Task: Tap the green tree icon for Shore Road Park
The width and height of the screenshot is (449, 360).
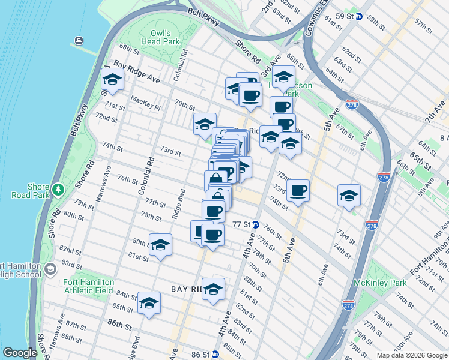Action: (58, 190)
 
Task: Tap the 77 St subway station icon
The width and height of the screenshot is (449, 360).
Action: (256, 224)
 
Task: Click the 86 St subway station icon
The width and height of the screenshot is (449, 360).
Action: (215, 355)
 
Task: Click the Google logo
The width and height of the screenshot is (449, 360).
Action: (20, 353)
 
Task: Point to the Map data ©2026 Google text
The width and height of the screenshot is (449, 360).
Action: (411, 355)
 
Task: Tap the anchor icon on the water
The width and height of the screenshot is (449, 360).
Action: (78, 41)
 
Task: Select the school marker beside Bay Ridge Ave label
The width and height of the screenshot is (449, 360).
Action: (112, 79)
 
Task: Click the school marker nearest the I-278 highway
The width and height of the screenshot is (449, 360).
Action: (349, 196)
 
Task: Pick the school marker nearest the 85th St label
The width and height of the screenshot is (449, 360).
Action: (149, 304)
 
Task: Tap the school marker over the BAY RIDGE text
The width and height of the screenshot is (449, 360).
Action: (213, 290)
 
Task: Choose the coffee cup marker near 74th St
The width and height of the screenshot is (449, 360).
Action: (298, 191)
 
